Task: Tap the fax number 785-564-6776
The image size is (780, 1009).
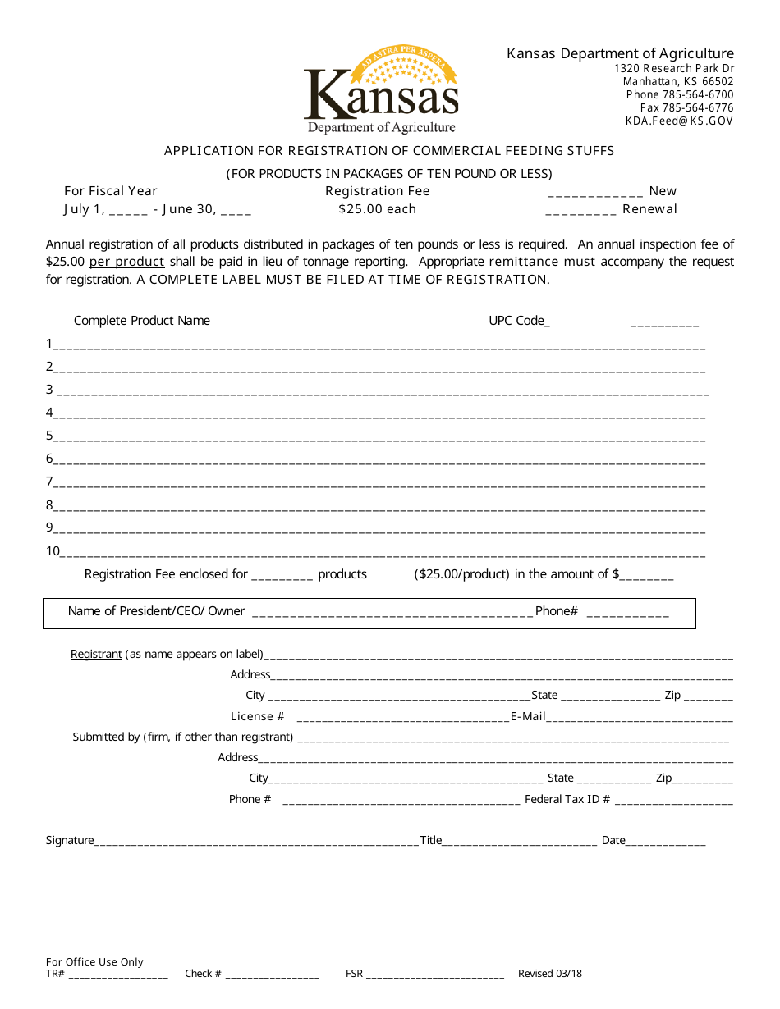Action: (686, 107)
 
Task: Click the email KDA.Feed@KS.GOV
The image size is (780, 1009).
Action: (679, 121)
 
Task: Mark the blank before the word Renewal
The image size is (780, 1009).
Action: (580, 210)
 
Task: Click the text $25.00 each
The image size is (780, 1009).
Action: (377, 209)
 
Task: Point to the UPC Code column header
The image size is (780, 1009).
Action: (516, 321)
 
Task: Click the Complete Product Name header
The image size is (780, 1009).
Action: (142, 321)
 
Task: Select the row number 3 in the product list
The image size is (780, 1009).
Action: (49, 390)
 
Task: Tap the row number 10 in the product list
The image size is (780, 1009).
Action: (53, 551)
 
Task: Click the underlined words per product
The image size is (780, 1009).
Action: (127, 262)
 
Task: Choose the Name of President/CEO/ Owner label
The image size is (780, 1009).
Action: (156, 611)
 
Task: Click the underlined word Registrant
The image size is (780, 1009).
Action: (96, 654)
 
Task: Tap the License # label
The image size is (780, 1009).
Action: (258, 716)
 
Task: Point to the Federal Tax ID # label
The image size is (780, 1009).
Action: (567, 799)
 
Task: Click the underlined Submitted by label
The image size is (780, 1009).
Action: (106, 737)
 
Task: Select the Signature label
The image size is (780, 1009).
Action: (70, 840)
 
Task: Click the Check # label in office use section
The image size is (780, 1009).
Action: (203, 974)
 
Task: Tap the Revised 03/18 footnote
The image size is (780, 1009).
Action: (549, 974)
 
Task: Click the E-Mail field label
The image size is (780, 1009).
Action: (528, 716)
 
